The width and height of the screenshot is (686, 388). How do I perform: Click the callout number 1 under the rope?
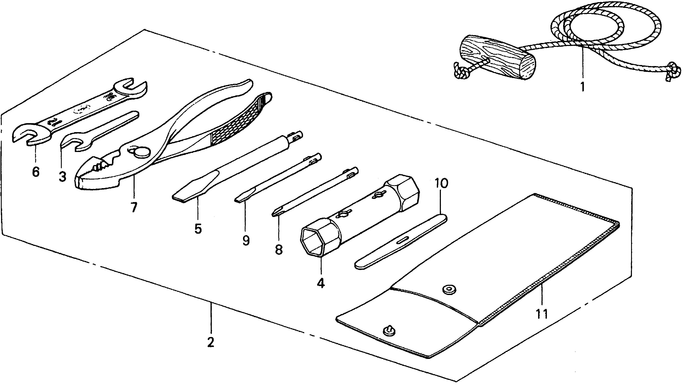click(582, 87)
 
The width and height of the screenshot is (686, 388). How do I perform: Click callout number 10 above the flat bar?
click(442, 184)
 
